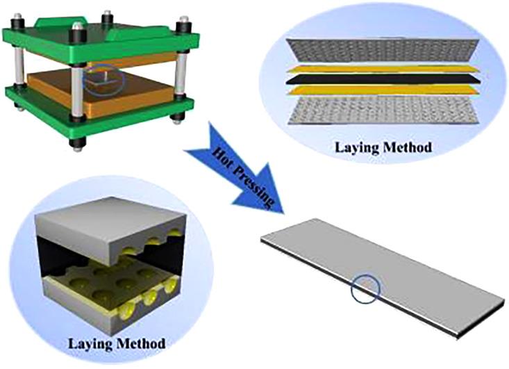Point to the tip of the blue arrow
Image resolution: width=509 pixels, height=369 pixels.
283,214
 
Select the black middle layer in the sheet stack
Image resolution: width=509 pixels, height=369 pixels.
383,79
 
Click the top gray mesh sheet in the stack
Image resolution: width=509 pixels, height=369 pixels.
383,51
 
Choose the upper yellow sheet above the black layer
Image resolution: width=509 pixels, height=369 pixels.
383,69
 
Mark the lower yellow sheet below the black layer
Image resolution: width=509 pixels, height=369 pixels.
383,90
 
